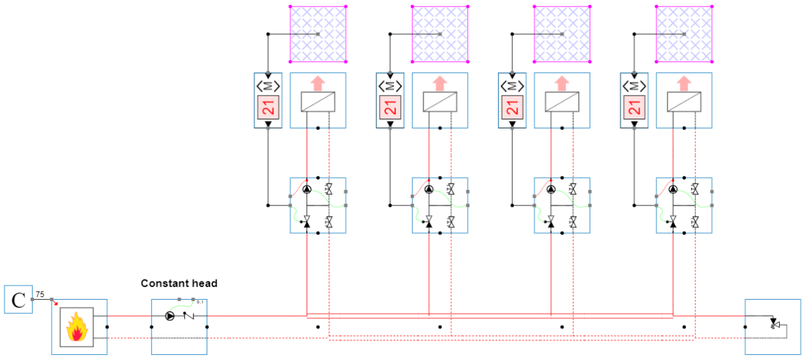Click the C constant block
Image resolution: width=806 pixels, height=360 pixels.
19,300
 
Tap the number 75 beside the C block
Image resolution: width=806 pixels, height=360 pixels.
40,294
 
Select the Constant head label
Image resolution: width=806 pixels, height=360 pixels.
179,283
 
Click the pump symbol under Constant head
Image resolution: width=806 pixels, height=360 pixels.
169,316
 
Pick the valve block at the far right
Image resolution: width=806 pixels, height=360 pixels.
773,327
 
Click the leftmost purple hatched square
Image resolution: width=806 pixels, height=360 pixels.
318,34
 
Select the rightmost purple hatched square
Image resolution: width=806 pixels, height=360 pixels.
684,34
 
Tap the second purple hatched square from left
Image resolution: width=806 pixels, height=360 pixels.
440,34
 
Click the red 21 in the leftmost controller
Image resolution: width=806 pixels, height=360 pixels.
268,108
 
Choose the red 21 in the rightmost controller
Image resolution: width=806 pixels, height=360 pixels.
634,108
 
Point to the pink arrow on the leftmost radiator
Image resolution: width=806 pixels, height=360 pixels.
318,83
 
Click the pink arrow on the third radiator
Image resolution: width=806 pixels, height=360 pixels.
562,83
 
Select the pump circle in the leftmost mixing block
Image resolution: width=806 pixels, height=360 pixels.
307,189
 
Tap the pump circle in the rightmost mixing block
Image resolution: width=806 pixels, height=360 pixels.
673,189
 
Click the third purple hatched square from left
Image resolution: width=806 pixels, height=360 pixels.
562,34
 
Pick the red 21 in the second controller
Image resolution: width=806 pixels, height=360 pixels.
390,108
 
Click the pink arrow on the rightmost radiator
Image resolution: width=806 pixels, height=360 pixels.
684,83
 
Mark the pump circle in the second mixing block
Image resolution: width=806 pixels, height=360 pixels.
429,189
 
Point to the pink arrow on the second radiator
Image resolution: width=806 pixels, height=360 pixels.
440,83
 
